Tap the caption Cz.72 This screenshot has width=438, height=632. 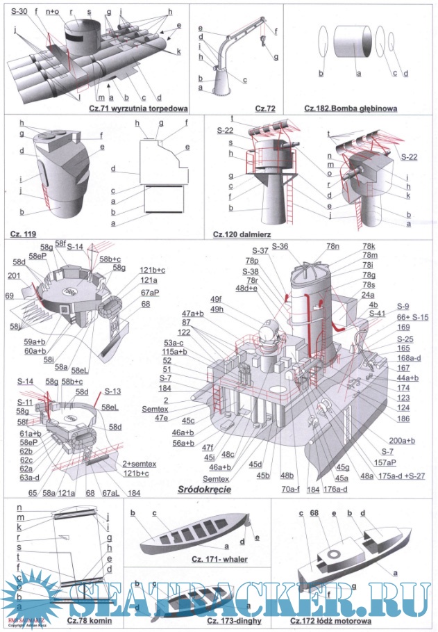coord(264,108)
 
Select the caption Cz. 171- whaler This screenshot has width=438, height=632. coord(209,560)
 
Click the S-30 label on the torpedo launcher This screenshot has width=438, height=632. coord(19,12)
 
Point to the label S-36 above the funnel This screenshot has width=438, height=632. coord(281,246)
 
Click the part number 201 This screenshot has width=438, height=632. coord(11,276)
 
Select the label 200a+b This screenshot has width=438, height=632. coord(403,441)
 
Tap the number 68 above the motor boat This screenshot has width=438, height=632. coord(314,513)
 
